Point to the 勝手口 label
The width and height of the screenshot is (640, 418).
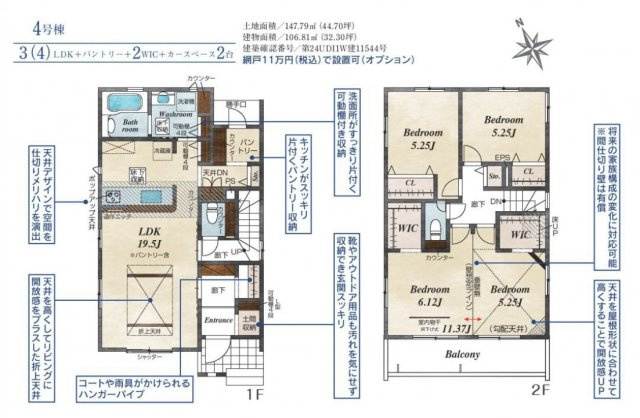tap(237, 103)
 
